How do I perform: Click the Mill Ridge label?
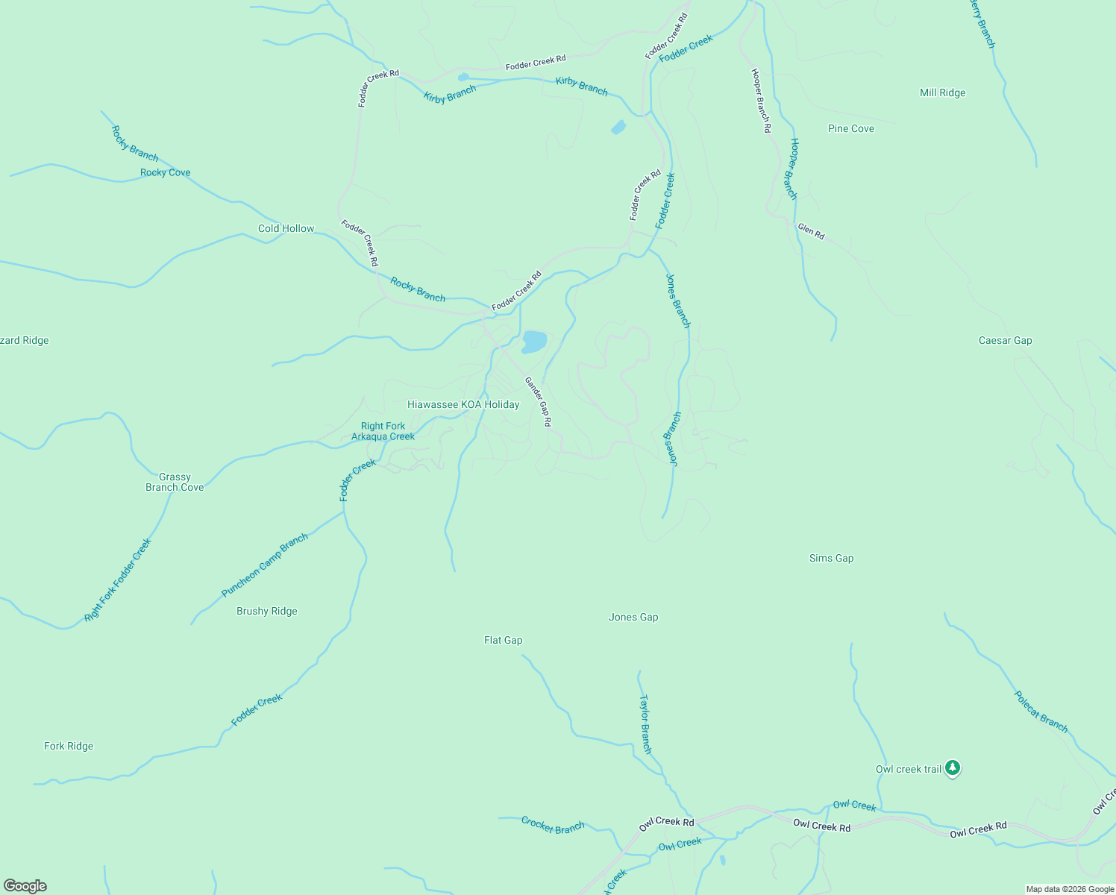942,93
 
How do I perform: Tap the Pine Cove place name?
850,129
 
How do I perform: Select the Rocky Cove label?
165,173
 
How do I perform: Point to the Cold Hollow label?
286,229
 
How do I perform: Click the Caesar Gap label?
1005,341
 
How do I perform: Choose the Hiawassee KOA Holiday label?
463,405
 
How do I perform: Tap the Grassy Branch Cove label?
175,483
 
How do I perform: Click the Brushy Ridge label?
266,612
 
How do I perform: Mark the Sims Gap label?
831,559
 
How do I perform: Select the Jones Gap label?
633,618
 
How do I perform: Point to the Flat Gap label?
503,641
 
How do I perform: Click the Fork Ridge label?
69,747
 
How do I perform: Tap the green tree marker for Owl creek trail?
952,767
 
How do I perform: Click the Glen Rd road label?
811,231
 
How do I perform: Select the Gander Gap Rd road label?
538,401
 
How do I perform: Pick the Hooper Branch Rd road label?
761,101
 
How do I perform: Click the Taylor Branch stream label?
645,724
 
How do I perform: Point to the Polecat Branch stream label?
1041,712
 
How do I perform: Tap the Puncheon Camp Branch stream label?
265,565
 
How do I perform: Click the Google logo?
25,886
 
